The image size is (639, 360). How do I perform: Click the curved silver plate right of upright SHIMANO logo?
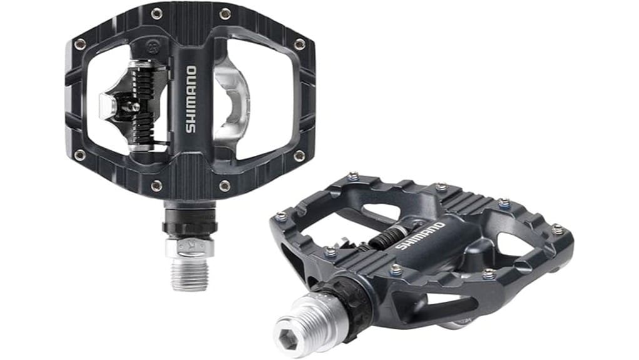tap(232, 100)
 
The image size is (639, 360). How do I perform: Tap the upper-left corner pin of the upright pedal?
tap(80, 44)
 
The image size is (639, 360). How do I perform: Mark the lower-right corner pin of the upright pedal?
tap(299, 155)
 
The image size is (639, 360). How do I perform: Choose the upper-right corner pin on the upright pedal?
tap(299, 44)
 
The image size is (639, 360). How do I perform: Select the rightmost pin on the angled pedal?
tap(556, 229)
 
